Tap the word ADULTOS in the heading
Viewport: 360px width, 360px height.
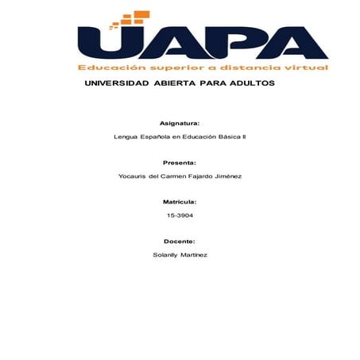click(249, 83)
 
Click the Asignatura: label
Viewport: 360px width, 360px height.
click(180, 124)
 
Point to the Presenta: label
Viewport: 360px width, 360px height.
click(180, 162)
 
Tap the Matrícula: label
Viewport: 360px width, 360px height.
click(180, 202)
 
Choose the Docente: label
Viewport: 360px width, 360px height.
click(180, 241)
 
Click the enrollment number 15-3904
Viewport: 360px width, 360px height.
click(180, 215)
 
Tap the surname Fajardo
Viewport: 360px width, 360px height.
click(199, 176)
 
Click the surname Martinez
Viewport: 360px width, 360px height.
click(195, 254)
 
